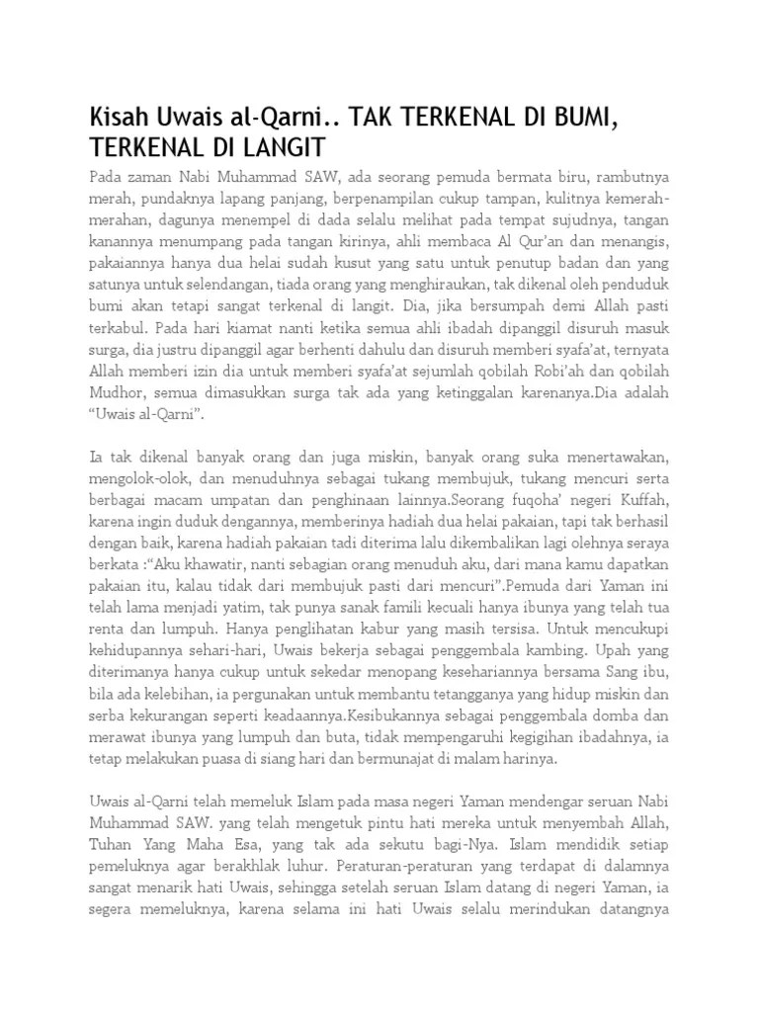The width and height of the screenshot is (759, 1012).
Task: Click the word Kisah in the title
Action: click(x=118, y=121)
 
